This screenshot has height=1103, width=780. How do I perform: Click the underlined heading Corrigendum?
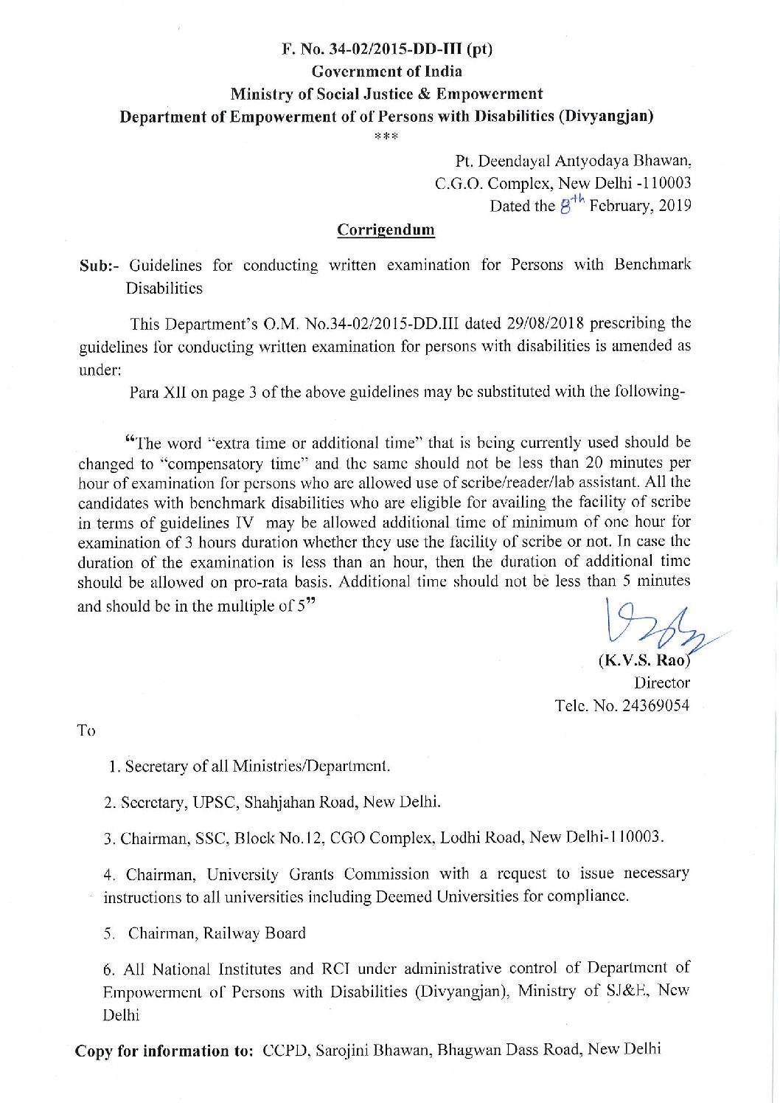386,229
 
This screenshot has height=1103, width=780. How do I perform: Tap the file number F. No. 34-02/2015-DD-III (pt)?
387,49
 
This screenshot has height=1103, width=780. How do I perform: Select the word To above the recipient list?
86,730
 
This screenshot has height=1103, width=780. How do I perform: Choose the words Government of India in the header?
387,72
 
